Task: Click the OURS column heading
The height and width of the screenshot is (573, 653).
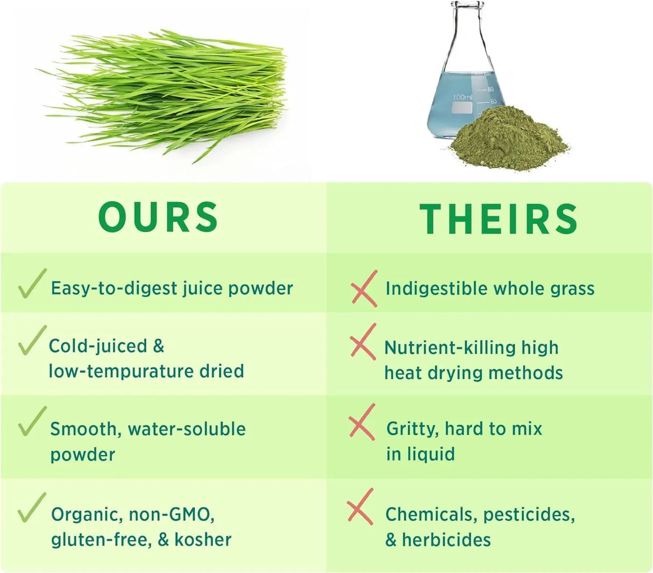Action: pos(159,217)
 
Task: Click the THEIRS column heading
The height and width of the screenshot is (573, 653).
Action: pos(499,219)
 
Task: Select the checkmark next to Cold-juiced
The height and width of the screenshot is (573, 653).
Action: pos(32,340)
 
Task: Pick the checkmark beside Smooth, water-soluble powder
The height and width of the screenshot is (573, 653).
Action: pos(32,421)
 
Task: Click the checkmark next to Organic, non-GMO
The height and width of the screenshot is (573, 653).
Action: pos(32,507)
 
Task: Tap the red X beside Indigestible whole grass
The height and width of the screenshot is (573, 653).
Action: pos(364,289)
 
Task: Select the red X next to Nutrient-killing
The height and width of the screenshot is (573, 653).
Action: pos(363,341)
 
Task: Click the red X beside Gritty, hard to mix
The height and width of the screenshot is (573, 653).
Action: pos(362,422)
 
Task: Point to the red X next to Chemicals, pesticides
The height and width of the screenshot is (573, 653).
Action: pos(360,506)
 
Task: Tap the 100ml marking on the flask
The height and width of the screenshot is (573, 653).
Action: pos(462,97)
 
